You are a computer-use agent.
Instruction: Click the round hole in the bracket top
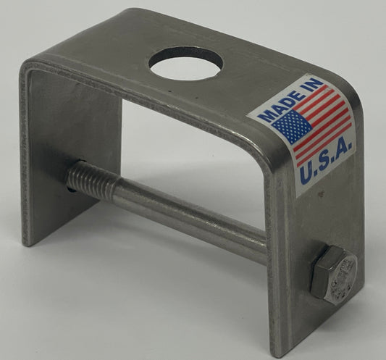[x=185, y=64]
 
